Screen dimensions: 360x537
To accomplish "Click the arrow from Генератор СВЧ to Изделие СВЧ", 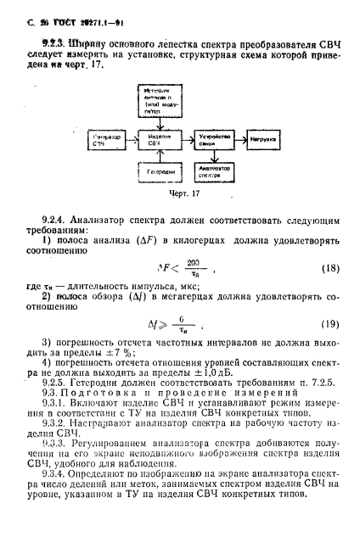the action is [x=129, y=137].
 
